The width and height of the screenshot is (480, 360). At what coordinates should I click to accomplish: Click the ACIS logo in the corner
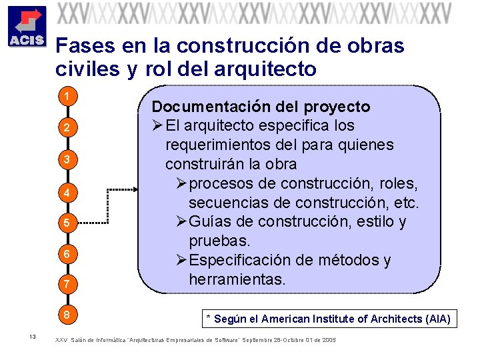coord(26,27)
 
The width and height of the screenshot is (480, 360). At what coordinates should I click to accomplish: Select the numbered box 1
coord(67,97)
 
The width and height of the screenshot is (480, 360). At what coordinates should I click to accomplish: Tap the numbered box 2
coord(67,127)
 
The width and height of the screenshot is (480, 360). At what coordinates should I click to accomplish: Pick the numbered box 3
coord(67,159)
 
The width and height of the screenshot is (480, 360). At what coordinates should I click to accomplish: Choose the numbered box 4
coord(67,193)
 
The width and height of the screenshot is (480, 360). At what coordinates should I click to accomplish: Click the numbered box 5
coord(67,223)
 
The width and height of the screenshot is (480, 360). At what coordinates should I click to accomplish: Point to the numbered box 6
coord(67,254)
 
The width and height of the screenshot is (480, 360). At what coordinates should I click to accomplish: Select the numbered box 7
coord(67,285)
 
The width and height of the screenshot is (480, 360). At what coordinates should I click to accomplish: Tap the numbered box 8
coord(67,314)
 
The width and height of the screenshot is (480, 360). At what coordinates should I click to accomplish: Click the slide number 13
coord(32,336)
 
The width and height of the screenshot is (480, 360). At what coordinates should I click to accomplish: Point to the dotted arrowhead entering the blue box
coord(135,189)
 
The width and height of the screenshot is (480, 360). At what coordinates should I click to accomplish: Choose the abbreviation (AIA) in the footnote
coord(436,319)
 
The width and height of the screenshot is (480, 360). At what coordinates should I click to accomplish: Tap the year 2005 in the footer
coord(329,340)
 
